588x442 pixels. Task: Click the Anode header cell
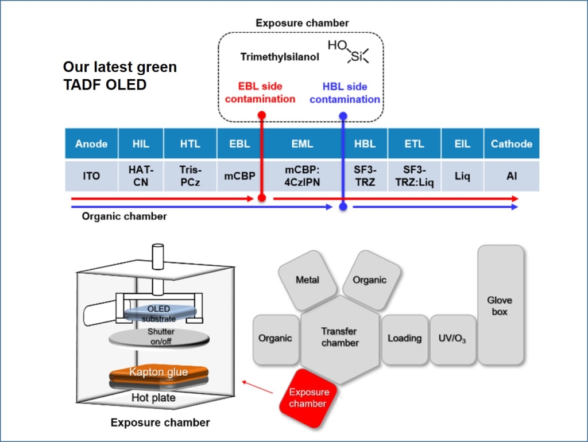[91, 144]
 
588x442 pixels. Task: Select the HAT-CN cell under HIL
[140, 176]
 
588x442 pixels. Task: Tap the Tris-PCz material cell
[190, 176]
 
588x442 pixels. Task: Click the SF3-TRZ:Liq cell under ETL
[414, 176]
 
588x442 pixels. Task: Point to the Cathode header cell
[511, 144]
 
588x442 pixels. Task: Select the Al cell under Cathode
[511, 176]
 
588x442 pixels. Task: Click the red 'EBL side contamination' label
[260, 93]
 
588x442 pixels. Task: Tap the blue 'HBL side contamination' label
[345, 93]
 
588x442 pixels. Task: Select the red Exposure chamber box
[309, 398]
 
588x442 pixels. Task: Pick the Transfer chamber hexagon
[339, 338]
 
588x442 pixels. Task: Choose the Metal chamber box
[307, 280]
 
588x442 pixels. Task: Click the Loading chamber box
[404, 339]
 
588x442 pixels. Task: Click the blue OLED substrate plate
[158, 313]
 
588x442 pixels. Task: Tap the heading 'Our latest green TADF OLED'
[119, 76]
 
